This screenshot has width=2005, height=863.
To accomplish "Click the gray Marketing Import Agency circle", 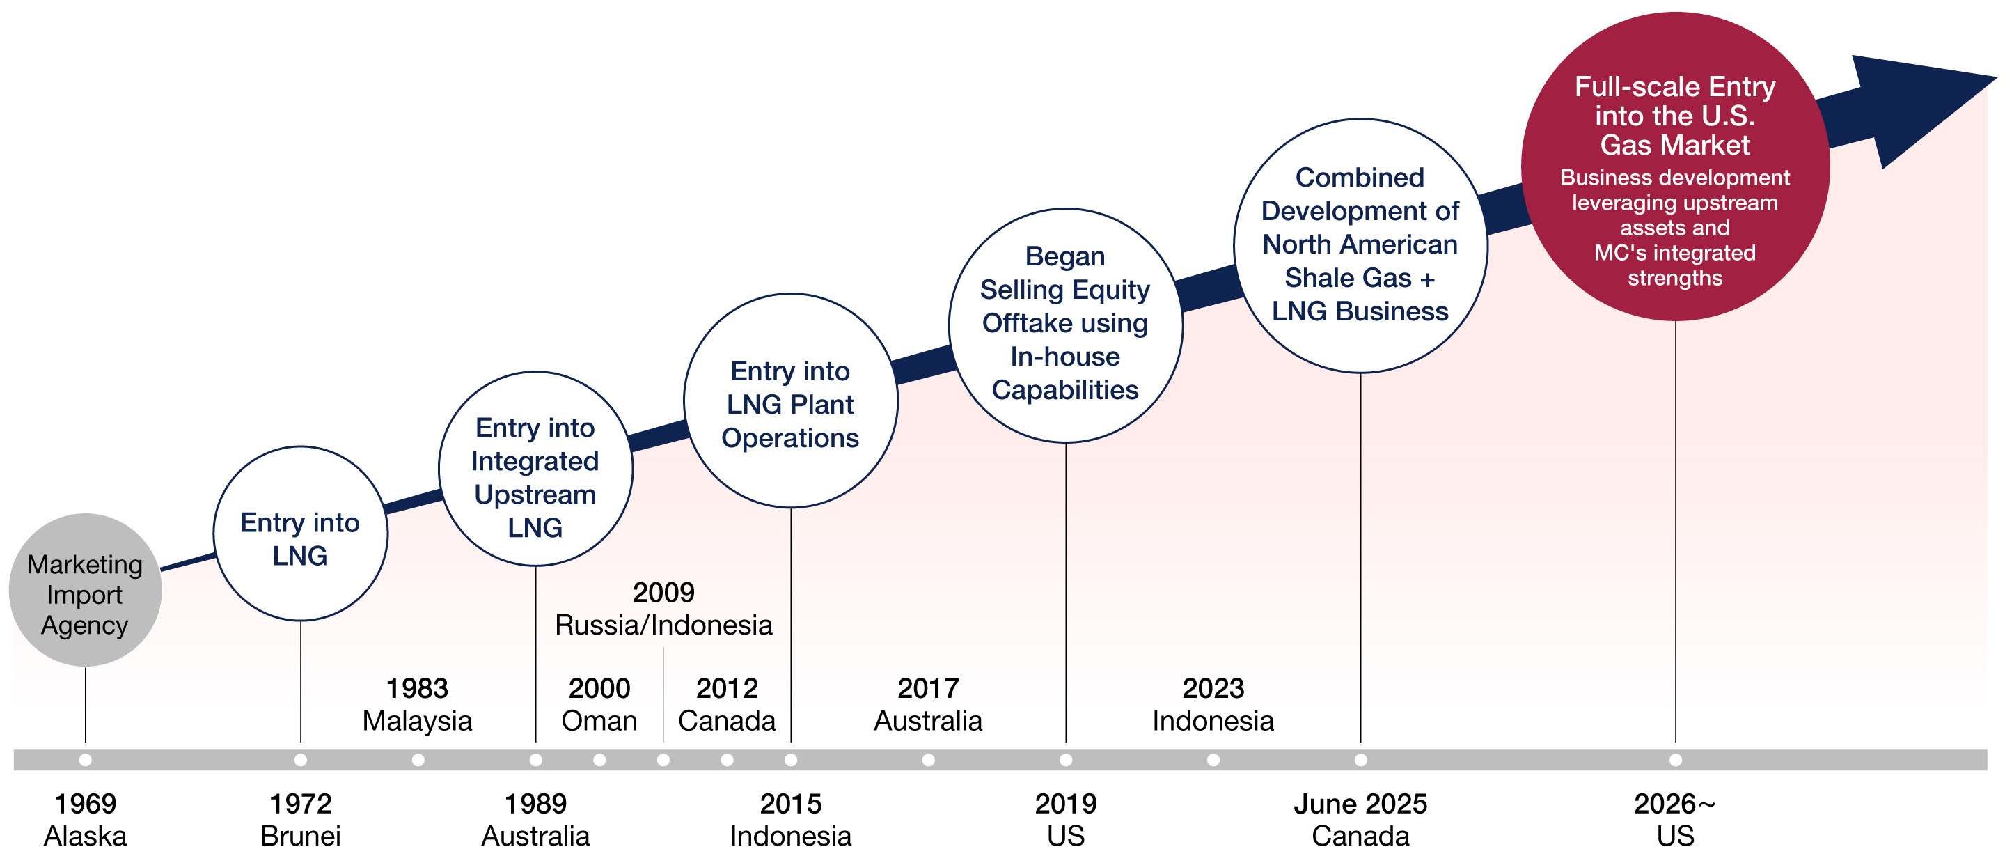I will (x=85, y=591).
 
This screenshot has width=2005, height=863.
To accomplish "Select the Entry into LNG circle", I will (x=301, y=534).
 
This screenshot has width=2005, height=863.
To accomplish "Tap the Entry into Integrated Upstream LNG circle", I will (x=535, y=469).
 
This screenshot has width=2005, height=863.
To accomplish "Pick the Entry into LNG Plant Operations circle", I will (x=791, y=402).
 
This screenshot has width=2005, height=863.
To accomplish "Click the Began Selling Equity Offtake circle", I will (x=1066, y=325).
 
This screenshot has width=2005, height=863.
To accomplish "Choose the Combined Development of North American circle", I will (x=1360, y=246).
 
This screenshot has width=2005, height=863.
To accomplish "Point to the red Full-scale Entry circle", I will (x=1675, y=166).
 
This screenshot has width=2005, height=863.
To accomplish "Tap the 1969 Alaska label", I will (x=85, y=819).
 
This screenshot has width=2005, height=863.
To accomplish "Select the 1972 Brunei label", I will (x=301, y=819).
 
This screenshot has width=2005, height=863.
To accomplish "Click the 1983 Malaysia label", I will (x=417, y=704).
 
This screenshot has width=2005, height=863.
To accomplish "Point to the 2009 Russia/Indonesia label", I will (x=663, y=608).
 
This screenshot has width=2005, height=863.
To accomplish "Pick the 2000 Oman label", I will (x=599, y=704).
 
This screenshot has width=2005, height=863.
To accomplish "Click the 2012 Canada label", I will (x=727, y=704).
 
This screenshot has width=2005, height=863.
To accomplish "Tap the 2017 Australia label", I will (x=928, y=704).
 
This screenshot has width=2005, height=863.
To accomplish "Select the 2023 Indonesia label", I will (x=1213, y=704).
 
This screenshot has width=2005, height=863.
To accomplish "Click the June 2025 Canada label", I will (x=1360, y=819).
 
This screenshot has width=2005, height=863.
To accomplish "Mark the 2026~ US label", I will (x=1675, y=819).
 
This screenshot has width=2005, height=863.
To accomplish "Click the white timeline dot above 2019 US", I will (x=1066, y=759).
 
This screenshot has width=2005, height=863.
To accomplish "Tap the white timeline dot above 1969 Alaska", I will (x=85, y=759).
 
